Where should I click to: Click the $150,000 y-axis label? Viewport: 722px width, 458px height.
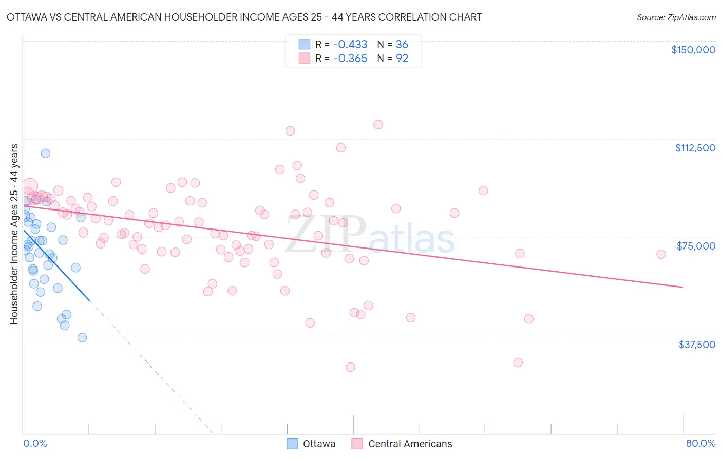coord(693,50)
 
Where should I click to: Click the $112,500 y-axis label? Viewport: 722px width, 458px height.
coord(695,148)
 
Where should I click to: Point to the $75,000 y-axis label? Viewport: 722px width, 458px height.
coord(696,246)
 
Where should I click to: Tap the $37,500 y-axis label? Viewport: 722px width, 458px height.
coord(696,345)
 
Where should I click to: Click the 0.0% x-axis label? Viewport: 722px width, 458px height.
coord(35,444)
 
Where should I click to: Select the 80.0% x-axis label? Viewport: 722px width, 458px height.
coord(700,444)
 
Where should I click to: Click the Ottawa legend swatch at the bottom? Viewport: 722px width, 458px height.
coord(292,444)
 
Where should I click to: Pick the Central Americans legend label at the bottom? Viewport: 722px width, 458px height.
coord(410,444)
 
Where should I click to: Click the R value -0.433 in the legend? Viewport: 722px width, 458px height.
coord(350,44)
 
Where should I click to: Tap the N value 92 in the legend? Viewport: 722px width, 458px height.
coord(402,59)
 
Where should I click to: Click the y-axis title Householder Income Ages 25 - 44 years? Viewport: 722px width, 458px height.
coord(14,234)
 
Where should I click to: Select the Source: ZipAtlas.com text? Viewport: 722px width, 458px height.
coord(676,17)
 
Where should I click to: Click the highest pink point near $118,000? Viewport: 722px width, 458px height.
coord(378,124)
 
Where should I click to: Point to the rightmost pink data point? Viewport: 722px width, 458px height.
coord(661,254)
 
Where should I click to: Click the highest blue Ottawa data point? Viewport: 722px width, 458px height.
coord(46,153)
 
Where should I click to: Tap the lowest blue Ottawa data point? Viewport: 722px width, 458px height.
coord(82,337)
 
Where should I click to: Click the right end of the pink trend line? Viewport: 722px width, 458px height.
coord(683,287)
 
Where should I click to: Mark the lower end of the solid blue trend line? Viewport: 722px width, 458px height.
coord(89,300)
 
